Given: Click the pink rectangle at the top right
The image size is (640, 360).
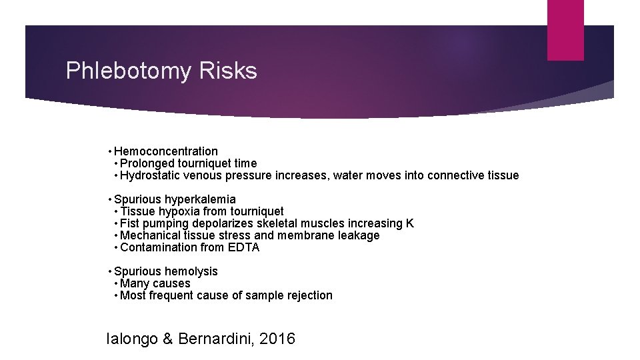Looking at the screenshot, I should (x=565, y=29).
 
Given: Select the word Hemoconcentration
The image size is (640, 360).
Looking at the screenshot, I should (x=166, y=151).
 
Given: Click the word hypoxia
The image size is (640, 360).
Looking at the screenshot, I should (x=177, y=211).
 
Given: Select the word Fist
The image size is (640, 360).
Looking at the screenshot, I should (x=129, y=223).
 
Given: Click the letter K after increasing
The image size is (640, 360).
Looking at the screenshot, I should (x=410, y=223).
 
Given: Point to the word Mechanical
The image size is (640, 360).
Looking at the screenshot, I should (x=148, y=235).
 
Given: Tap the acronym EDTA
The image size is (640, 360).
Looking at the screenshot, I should (x=243, y=247).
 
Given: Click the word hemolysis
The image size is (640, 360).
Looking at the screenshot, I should (x=192, y=271).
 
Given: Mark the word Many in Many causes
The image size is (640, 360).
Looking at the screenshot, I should (x=135, y=283).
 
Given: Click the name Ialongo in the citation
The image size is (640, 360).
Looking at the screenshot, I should (x=132, y=339).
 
